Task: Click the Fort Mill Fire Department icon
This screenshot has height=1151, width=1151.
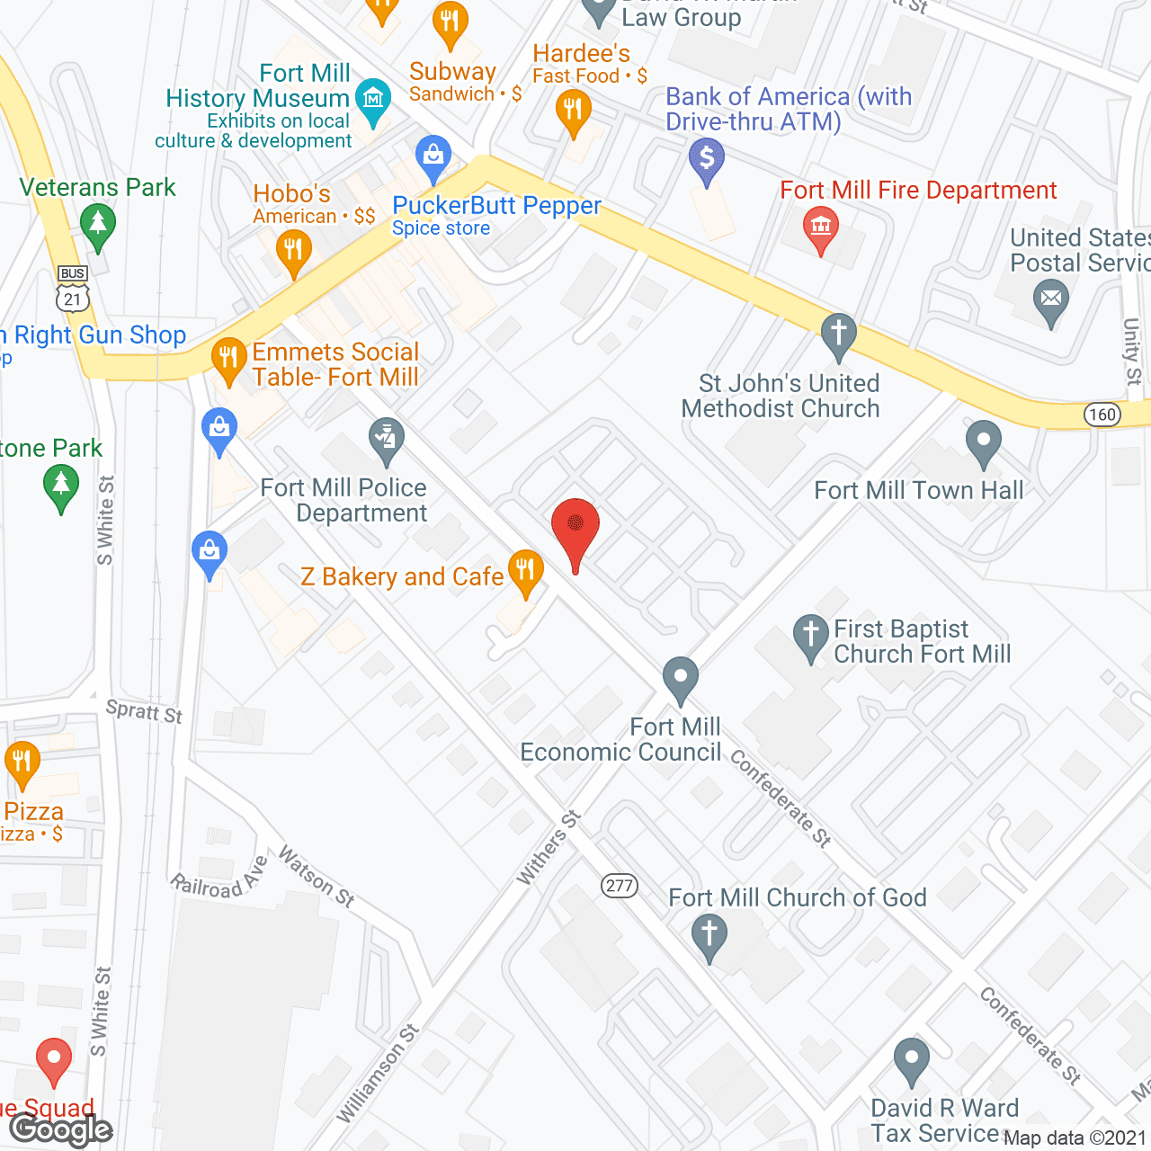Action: click(820, 227)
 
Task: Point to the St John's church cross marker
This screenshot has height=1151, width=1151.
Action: click(839, 334)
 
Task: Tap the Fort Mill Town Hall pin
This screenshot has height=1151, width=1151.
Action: click(983, 442)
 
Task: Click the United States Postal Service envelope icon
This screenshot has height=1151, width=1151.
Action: click(1050, 299)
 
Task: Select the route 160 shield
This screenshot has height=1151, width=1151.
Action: click(1102, 415)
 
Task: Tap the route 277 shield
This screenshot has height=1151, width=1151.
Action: click(620, 886)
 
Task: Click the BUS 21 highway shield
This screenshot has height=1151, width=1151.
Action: click(73, 288)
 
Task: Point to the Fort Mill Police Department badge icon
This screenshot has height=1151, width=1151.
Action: click(387, 439)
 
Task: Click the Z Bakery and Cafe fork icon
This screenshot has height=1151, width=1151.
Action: click(525, 570)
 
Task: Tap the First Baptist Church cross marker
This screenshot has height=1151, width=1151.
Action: click(810, 635)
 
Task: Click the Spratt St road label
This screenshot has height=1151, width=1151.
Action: click(144, 711)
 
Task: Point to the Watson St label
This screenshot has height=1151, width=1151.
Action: click(317, 876)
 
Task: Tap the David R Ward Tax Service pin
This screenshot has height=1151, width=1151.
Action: click(911, 1058)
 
